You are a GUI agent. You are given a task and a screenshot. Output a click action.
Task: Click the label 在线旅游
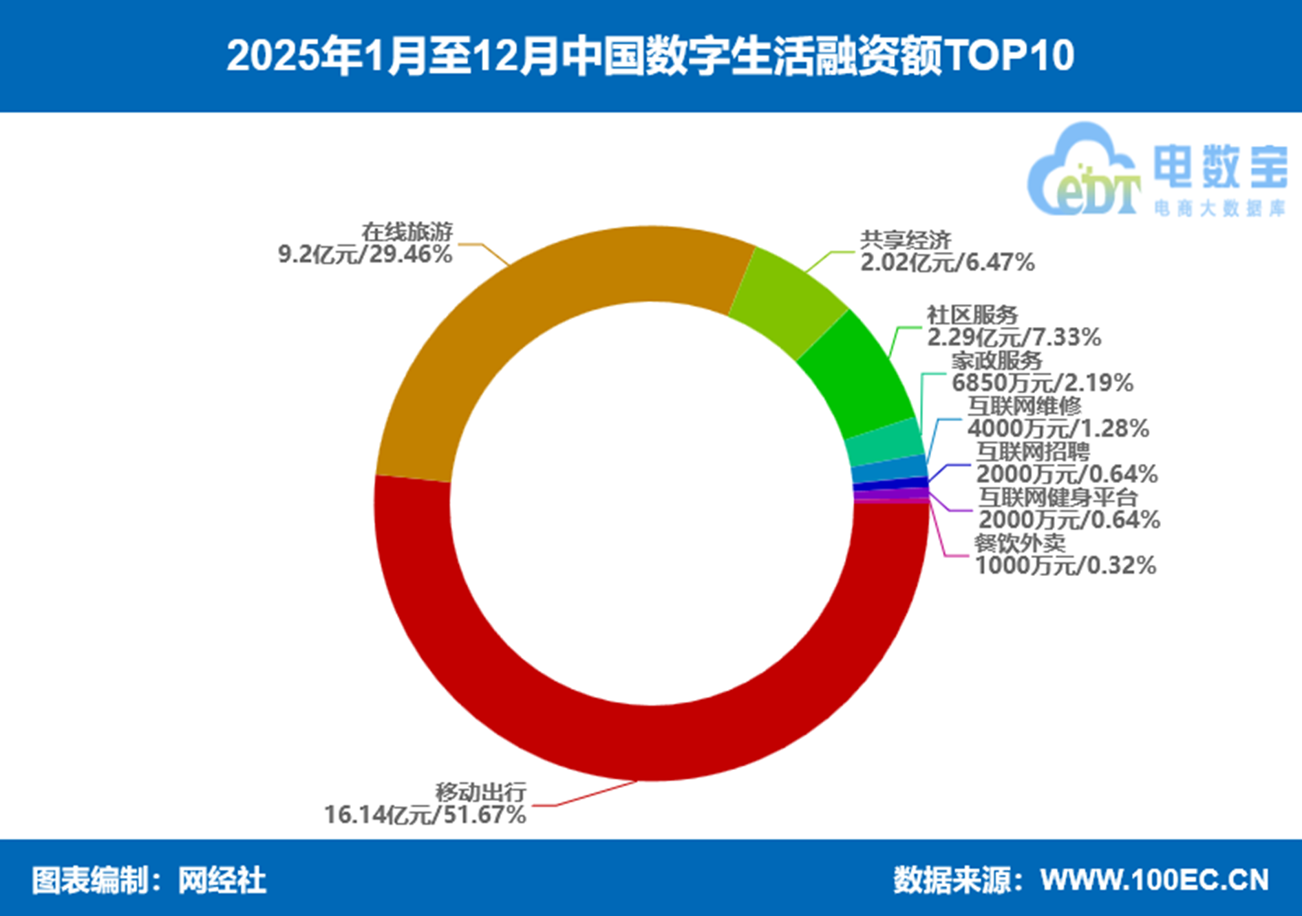[x=407, y=232]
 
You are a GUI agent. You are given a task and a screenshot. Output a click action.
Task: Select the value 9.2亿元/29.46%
[x=365, y=255]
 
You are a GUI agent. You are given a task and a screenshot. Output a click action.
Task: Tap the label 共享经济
[x=905, y=240]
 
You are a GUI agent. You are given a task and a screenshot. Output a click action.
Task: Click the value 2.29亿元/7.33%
[x=1014, y=337]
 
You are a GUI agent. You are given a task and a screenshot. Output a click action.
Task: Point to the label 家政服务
[x=996, y=360]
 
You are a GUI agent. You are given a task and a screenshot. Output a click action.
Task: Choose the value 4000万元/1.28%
[x=1058, y=428]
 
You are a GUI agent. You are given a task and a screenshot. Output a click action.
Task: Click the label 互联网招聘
[x=1032, y=451]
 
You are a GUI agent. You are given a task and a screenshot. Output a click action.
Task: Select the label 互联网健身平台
[x=1058, y=497]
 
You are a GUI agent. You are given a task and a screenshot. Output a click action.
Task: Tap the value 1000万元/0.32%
[x=1065, y=566]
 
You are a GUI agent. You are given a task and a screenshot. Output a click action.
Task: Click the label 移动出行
[x=480, y=791]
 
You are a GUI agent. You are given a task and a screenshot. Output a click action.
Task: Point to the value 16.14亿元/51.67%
[x=425, y=815]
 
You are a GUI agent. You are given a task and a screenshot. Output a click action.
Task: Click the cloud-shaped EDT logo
[x=1082, y=172]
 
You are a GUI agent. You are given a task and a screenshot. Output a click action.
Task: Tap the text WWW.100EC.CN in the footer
[x=1154, y=880]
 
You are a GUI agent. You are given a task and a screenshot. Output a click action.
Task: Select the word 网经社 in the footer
[x=222, y=880]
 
